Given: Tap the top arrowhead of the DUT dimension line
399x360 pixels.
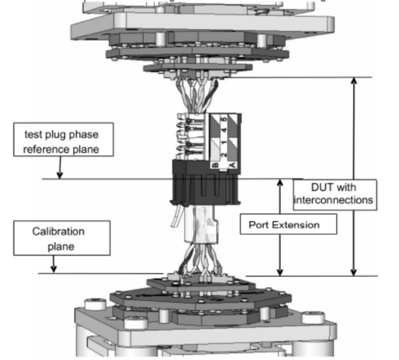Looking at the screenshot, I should pos(354,81).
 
